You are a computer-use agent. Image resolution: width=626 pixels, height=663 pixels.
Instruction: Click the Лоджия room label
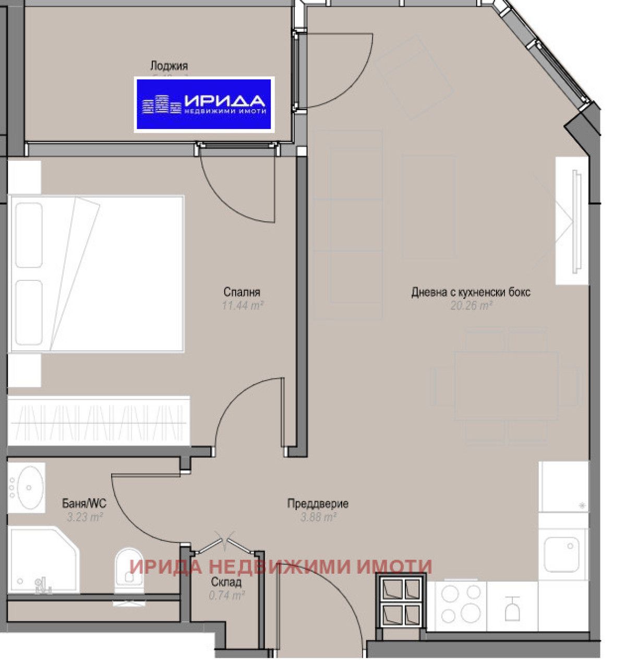pos(168,66)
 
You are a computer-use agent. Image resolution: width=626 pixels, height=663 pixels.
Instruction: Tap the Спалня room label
pos(242,292)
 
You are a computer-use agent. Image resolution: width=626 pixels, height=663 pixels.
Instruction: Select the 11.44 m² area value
pos(242,305)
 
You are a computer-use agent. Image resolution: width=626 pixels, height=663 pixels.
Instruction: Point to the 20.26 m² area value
pos(471,305)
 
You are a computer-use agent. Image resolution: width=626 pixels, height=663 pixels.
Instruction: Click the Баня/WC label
pos(84,504)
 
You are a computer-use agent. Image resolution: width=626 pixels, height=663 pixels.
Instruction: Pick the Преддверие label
pos(318,504)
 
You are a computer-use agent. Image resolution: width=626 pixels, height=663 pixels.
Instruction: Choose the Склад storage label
pos(226,582)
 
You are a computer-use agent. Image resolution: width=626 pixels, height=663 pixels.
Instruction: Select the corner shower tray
pos(42,561)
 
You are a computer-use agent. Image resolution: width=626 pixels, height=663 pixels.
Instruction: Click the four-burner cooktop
pos(461,603)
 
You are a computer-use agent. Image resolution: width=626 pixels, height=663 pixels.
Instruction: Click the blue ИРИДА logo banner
pos(204,103)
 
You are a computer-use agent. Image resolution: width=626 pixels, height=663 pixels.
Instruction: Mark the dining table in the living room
pos(506,385)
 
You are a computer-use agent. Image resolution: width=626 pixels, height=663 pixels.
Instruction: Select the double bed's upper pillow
pos(28,235)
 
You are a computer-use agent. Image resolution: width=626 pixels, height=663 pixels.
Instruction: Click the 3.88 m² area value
pos(318,517)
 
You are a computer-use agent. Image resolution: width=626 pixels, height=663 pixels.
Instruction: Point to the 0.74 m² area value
pos(226,595)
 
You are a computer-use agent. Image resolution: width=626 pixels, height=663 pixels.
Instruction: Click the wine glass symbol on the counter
pos(513,609)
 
